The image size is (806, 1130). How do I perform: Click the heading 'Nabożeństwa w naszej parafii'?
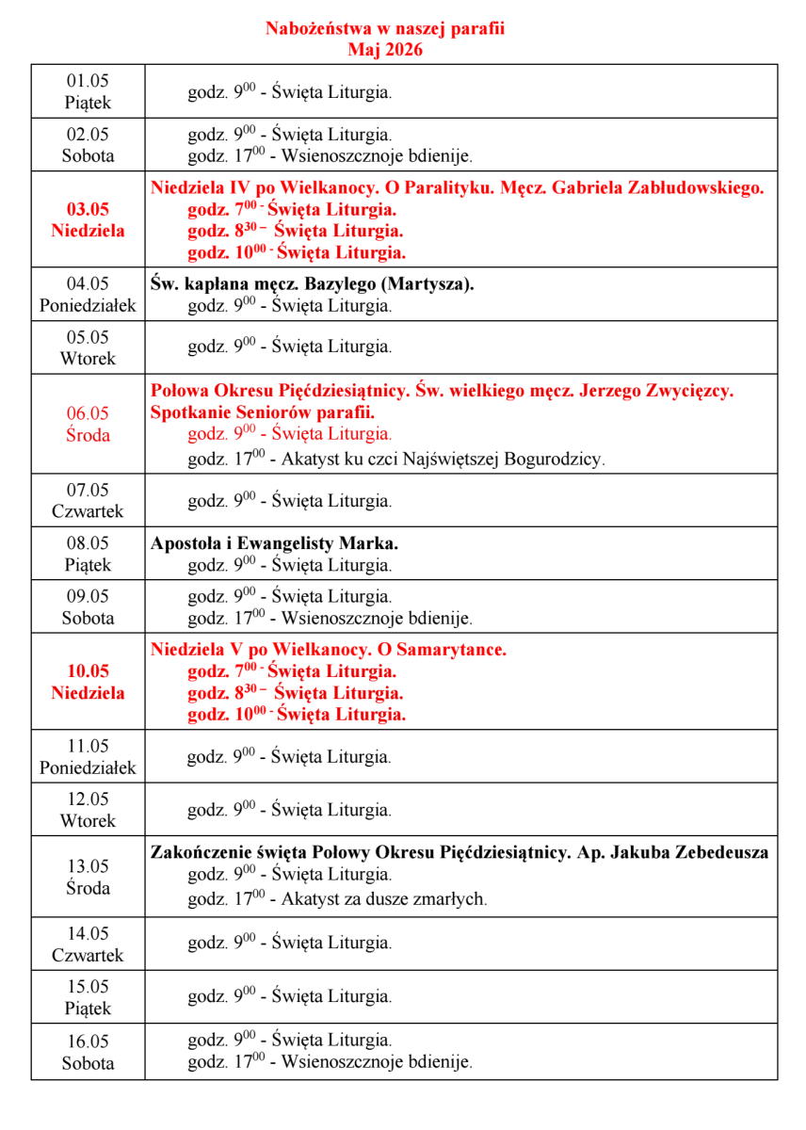[384, 28]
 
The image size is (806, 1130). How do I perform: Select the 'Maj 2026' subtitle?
[384, 50]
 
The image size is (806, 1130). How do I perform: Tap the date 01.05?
[88, 80]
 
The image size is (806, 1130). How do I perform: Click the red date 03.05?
[88, 209]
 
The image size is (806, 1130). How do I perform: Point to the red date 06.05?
[88, 412]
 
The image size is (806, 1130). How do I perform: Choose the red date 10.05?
[88, 671]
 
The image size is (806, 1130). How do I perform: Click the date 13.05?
[88, 866]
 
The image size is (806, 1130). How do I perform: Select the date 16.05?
[88, 1041]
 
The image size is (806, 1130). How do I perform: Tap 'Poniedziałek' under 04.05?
[88, 305]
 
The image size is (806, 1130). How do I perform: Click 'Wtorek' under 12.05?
[88, 820]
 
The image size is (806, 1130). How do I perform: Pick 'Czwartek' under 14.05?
[88, 955]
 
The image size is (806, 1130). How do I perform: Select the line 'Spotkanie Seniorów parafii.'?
[263, 412]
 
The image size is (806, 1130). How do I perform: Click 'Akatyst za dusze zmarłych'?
[383, 898]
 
